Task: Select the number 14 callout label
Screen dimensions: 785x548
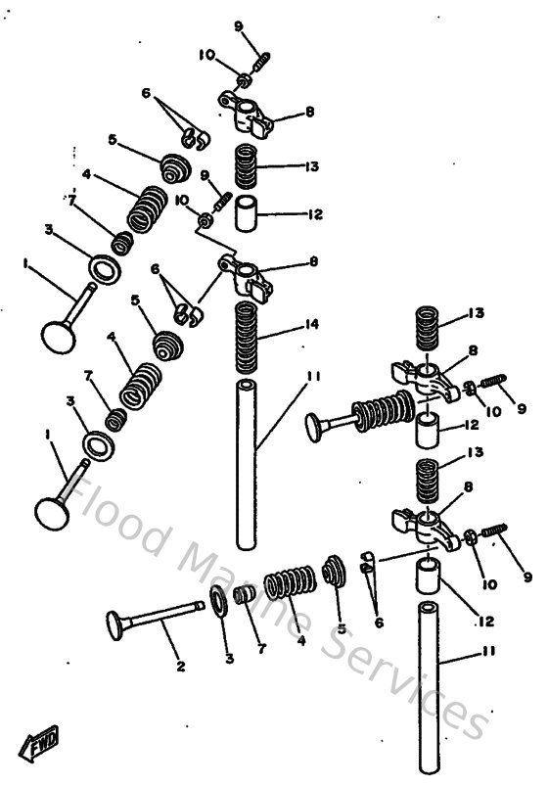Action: pos(311,322)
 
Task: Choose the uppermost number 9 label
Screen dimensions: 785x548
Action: pos(237,25)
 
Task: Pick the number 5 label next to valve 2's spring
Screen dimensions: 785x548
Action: pos(342,629)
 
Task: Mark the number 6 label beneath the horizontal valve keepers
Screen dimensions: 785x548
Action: pos(379,622)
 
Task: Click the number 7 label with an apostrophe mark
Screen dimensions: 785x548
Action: pos(71,201)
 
